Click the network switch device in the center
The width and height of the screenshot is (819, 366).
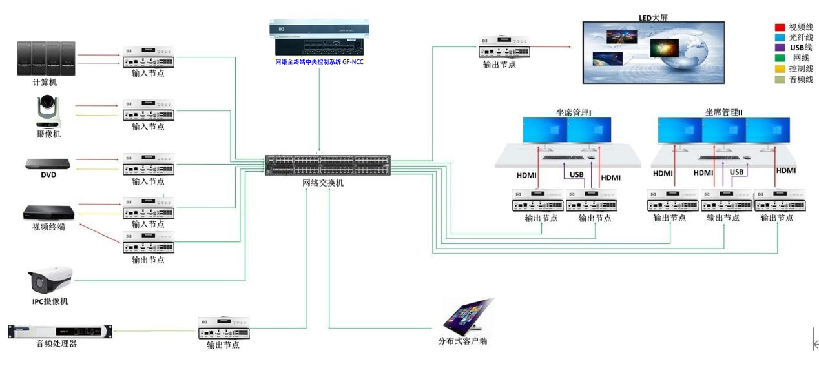tap(327, 166)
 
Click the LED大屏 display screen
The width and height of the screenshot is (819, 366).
tap(653, 52)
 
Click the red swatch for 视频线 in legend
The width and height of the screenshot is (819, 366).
tap(780, 28)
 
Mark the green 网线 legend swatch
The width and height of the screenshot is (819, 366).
tap(780, 58)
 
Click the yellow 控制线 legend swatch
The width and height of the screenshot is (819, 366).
tap(780, 68)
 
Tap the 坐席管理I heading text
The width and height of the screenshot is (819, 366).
tap(574, 112)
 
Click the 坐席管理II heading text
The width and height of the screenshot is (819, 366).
tap(723, 112)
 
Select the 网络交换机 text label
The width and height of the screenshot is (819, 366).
tap(323, 183)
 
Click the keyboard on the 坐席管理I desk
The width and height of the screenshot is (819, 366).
tap(561, 157)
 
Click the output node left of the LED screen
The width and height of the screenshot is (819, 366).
tap(505, 48)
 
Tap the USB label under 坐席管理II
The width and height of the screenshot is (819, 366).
tap(736, 172)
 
